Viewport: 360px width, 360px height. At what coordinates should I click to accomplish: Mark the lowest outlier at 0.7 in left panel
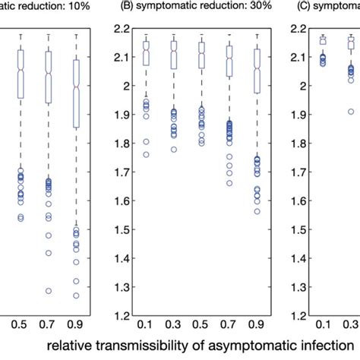pyautogui.click(x=49, y=291)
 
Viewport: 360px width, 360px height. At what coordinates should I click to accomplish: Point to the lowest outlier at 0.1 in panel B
pyautogui.click(x=146, y=154)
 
